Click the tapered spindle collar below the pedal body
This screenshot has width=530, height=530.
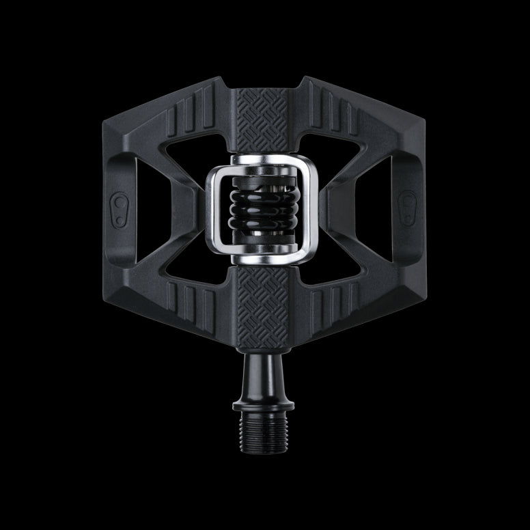263,372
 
